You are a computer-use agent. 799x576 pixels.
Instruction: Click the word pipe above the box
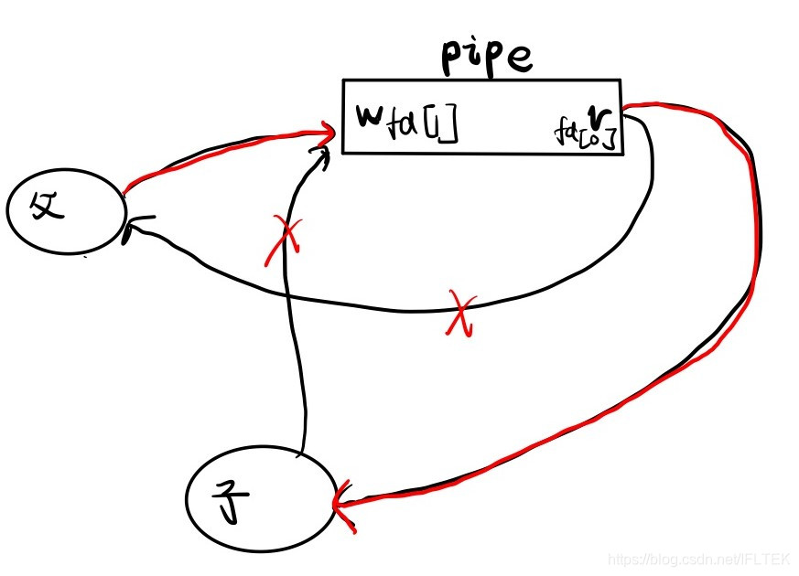pyautogui.click(x=484, y=58)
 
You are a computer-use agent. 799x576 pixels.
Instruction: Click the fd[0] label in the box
pyautogui.click(x=582, y=132)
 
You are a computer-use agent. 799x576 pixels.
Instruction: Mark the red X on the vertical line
pyautogui.click(x=286, y=240)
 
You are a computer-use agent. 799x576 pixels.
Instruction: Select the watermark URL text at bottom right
pyautogui.click(x=700, y=558)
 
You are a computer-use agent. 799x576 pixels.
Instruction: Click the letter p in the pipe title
pyautogui.click(x=454, y=60)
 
